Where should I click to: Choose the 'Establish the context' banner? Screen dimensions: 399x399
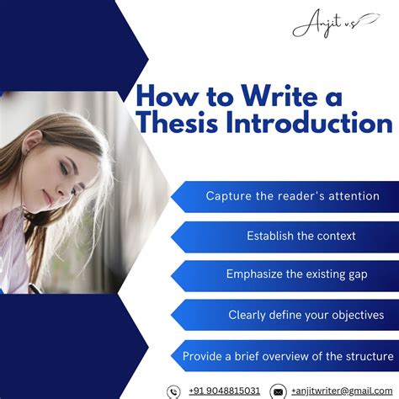tap(301, 236)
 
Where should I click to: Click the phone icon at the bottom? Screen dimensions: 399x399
tap(174, 391)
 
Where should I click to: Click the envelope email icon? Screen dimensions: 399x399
tap(278, 391)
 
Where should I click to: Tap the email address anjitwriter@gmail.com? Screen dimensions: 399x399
tap(342, 391)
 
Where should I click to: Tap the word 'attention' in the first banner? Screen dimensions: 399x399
tap(351, 196)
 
